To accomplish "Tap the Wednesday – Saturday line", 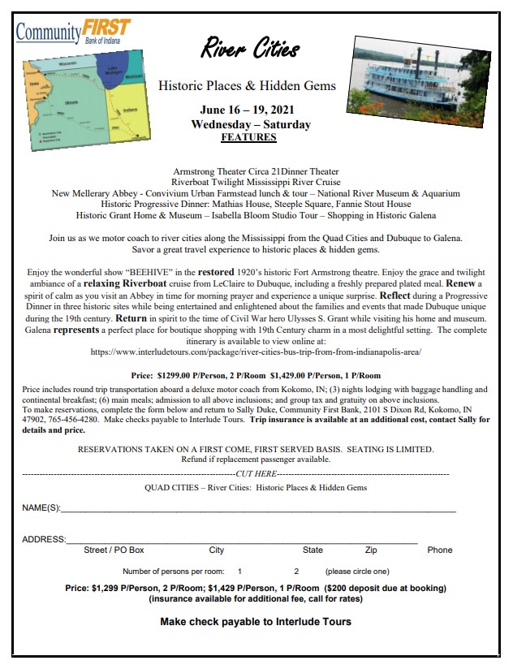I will pyautogui.click(x=251, y=125).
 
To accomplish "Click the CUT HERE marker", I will pyautogui.click(x=256, y=473).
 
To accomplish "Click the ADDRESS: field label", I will pyautogui.click(x=44, y=539).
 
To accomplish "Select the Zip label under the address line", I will pyautogui.click(x=371, y=550).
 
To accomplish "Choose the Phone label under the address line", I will pyautogui.click(x=439, y=550).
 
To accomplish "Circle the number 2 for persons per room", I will pyautogui.click(x=296, y=572).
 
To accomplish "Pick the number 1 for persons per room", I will pyautogui.click(x=239, y=572).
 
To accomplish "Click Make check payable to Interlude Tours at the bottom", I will pyautogui.click(x=256, y=622).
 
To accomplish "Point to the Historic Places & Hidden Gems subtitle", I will pyautogui.click(x=247, y=85).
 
